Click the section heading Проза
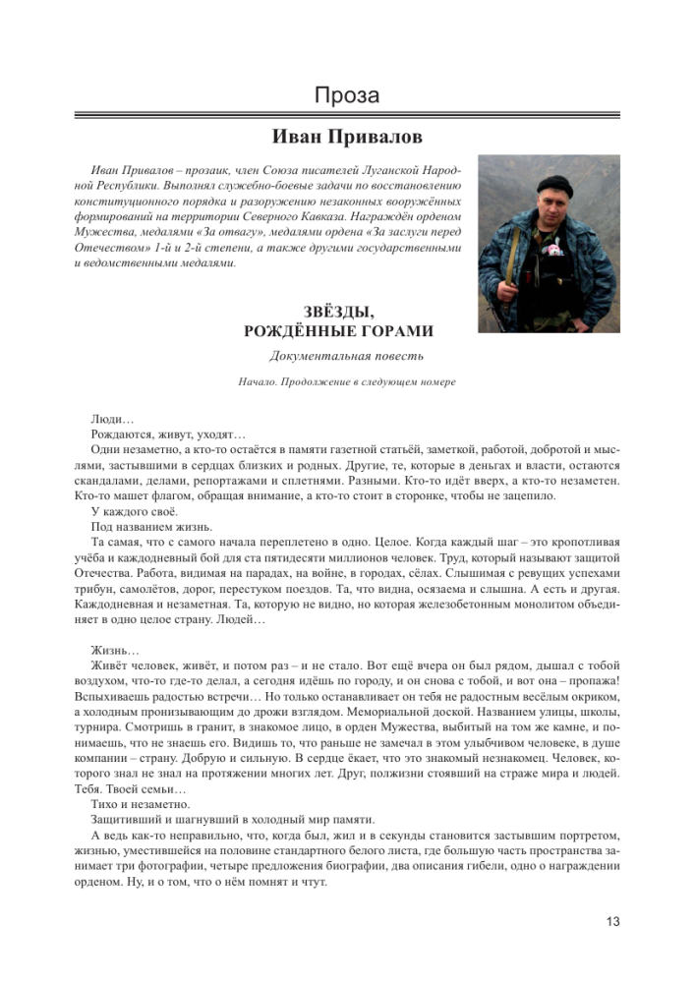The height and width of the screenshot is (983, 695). pyautogui.click(x=347, y=96)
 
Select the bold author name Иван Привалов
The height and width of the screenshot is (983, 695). pyautogui.click(x=346, y=136)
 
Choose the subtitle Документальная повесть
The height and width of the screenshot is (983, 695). pyautogui.click(x=346, y=356)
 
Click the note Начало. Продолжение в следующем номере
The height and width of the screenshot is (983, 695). pyautogui.click(x=346, y=381)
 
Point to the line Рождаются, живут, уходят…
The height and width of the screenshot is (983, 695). pyautogui.click(x=154, y=434)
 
